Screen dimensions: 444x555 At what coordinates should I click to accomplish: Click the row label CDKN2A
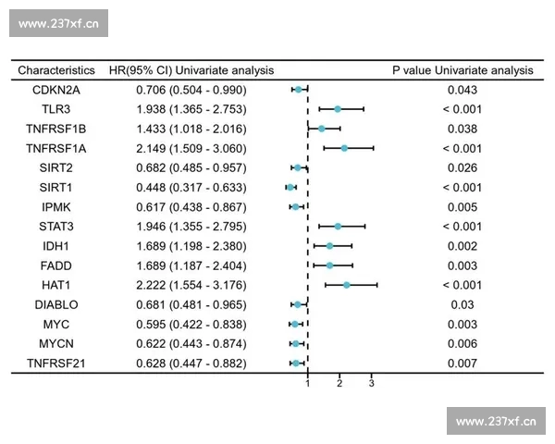tap(56, 90)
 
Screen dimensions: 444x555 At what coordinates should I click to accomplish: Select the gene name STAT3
tap(56, 227)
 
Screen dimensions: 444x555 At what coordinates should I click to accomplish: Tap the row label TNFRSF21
tap(56, 363)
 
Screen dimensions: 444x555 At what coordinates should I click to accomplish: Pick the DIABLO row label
tap(56, 304)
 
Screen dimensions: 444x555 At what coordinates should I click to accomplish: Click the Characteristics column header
tap(56, 69)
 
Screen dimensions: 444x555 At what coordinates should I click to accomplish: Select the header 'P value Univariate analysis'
tap(462, 69)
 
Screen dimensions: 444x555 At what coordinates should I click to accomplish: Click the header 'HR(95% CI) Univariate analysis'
tap(191, 69)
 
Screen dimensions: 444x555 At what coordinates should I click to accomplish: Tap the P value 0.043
tap(462, 90)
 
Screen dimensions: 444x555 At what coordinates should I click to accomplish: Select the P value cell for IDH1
tap(462, 246)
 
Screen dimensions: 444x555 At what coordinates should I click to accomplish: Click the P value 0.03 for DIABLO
tap(462, 304)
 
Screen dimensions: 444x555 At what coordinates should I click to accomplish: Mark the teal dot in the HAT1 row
tap(347, 285)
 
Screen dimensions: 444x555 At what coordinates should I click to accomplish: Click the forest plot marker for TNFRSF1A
tap(344, 148)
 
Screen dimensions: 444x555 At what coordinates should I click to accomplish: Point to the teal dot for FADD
tap(329, 265)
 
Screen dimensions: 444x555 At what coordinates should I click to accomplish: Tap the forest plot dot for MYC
tap(294, 324)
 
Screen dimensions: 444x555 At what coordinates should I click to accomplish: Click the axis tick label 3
tap(372, 382)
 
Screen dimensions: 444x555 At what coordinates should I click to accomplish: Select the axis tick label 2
tap(339, 382)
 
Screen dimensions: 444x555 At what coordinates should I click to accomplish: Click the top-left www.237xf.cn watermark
tap(58, 23)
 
